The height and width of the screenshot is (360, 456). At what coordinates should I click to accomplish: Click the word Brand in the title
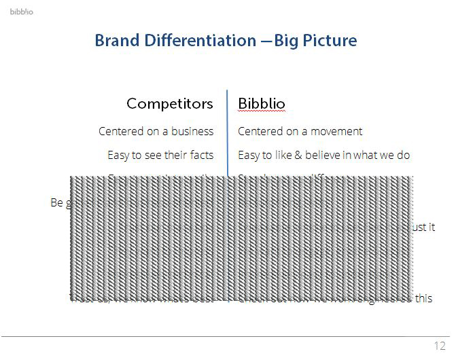[x=112, y=40]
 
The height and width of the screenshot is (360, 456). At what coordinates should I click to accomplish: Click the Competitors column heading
[x=169, y=103]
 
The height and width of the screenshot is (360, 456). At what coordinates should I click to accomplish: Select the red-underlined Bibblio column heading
[x=262, y=103]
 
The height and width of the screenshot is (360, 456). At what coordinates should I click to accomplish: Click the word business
[x=192, y=131]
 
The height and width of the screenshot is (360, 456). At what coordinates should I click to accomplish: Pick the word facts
[x=201, y=155]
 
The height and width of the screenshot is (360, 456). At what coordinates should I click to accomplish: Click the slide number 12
[x=439, y=346]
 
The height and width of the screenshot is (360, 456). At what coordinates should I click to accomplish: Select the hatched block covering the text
[x=241, y=238]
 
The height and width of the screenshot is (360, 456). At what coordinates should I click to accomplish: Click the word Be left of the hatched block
[x=57, y=202]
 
